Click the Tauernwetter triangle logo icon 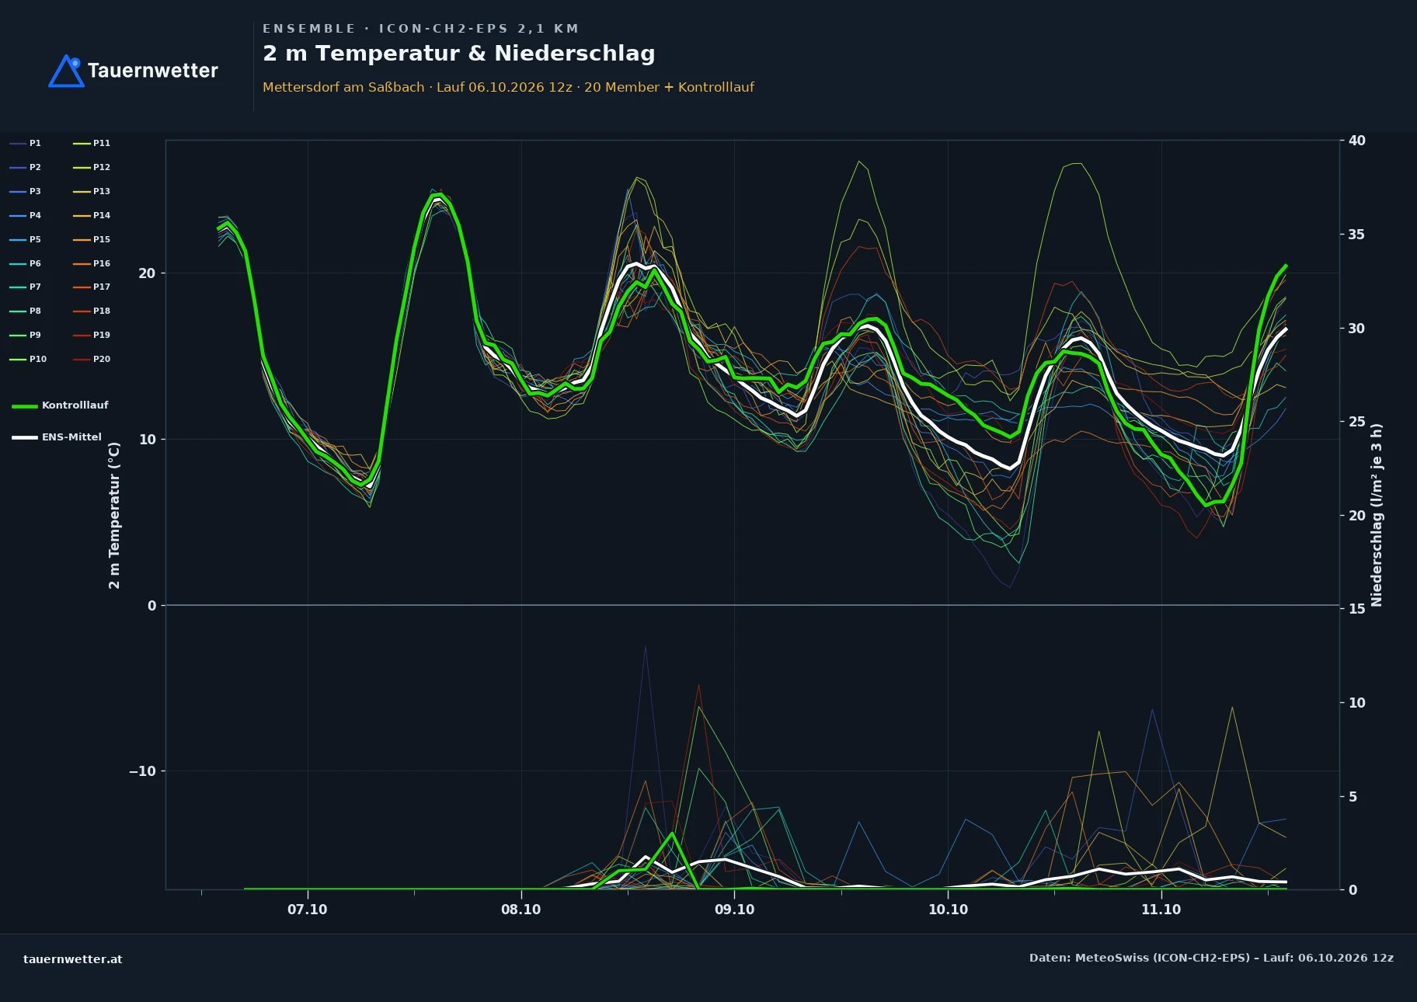pos(67,71)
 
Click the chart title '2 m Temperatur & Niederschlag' pos(459,54)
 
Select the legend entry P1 pos(26,143)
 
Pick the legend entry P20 pos(92,359)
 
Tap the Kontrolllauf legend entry pos(60,405)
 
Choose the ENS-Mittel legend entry pos(57,437)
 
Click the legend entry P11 pos(92,143)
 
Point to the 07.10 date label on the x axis pos(308,910)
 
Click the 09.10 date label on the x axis pos(734,910)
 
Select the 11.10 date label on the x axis pos(1161,910)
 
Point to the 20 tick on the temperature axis pos(147,273)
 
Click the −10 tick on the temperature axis pos(142,771)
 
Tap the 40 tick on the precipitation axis pos(1356,141)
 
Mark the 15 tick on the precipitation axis pos(1356,609)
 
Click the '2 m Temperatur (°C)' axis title pos(114,515)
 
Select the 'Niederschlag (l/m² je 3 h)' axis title pos(1377,515)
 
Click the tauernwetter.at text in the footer pos(73,959)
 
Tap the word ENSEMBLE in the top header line pos(308,29)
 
